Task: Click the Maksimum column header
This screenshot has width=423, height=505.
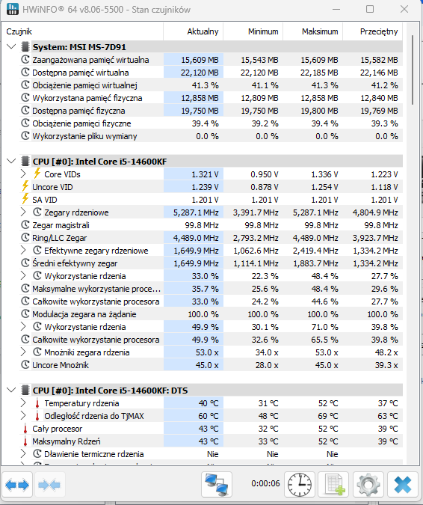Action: [320, 31]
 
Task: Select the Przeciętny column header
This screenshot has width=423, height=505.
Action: [379, 31]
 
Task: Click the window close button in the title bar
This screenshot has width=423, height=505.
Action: [404, 9]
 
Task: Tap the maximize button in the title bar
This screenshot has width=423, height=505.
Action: [370, 9]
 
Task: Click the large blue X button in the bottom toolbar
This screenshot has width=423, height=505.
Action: [402, 484]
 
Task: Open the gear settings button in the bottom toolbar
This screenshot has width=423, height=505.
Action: [368, 484]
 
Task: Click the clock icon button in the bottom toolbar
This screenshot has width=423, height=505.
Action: [299, 484]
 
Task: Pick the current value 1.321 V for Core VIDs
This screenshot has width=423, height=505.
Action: [205, 174]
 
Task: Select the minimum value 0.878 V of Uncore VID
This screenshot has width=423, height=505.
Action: [265, 187]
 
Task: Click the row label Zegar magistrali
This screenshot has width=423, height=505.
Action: [61, 225]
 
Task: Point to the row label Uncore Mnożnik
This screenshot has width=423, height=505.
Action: [61, 365]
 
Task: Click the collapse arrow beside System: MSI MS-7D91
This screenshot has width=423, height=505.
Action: [11, 47]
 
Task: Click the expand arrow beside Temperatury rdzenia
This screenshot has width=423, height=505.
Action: [23, 403]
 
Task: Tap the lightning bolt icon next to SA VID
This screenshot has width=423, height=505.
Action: [25, 199]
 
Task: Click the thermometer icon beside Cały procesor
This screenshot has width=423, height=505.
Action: [25, 429]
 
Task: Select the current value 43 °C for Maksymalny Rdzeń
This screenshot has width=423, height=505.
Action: [208, 441]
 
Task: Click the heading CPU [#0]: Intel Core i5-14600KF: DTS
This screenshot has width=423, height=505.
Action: [110, 391]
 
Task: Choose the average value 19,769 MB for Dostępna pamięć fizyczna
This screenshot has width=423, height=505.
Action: [379, 111]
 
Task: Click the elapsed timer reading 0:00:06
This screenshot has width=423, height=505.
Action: [266, 484]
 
